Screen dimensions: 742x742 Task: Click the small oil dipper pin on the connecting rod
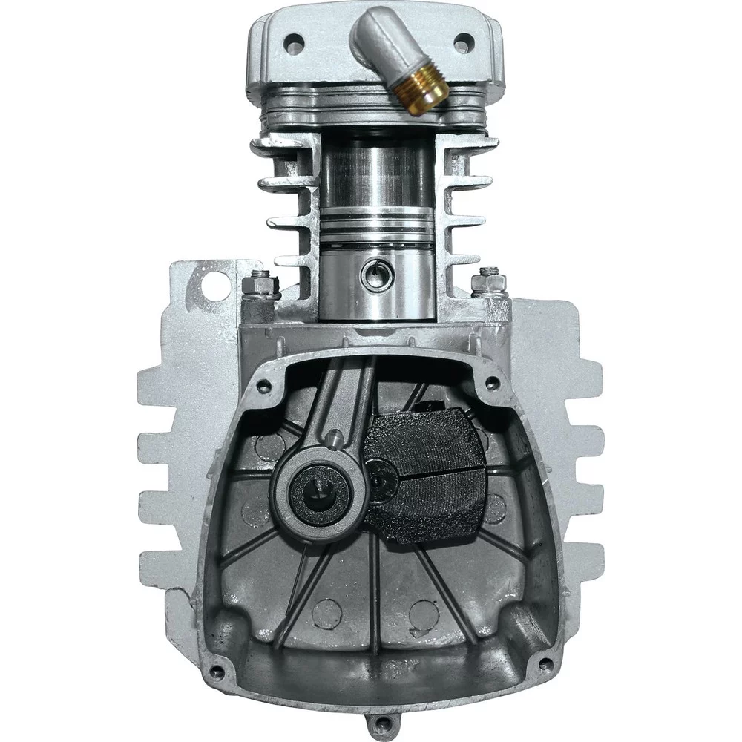coord(335,439)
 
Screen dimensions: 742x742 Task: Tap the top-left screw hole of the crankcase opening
coord(261,385)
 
